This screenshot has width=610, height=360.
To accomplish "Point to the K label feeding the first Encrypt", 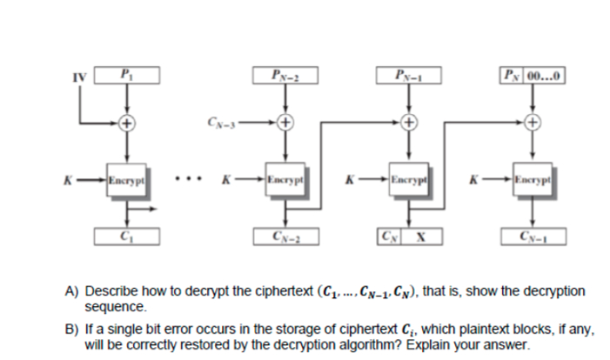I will point(66,183).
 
